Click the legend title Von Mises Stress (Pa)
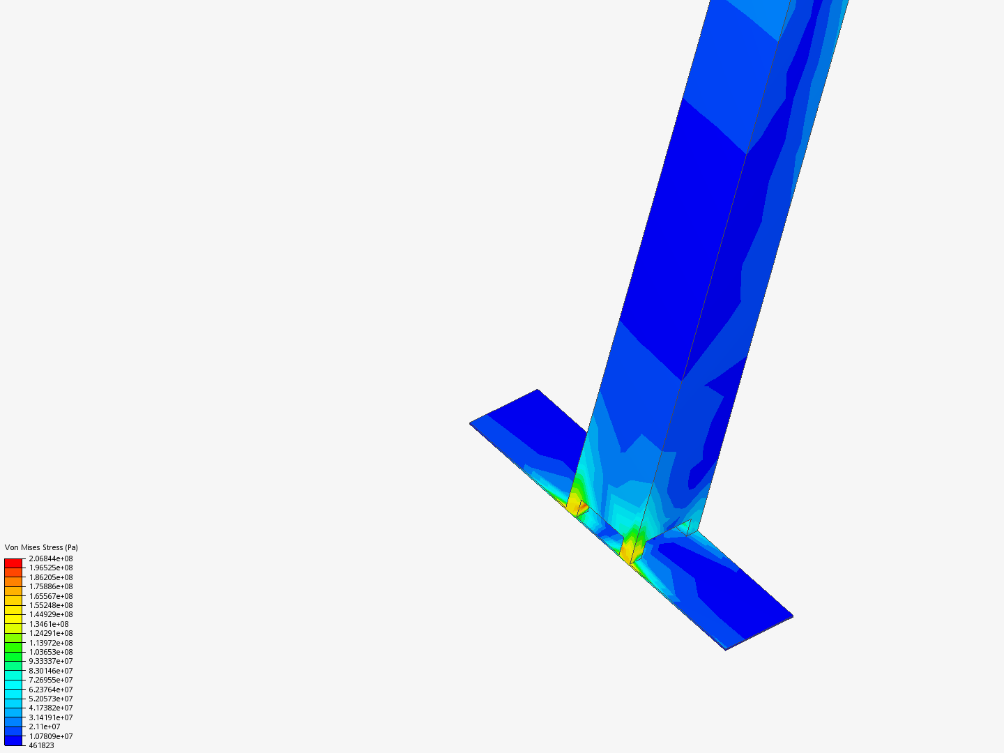pyautogui.click(x=41, y=547)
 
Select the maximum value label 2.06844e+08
pyautogui.click(x=50, y=558)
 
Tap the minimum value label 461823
pyautogui.click(x=41, y=745)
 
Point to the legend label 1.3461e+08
pyautogui.click(x=49, y=624)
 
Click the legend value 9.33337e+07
pyautogui.click(x=50, y=661)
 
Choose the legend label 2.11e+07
pyautogui.click(x=45, y=727)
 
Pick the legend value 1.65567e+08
pyautogui.click(x=50, y=596)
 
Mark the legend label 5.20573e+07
pyautogui.click(x=50, y=699)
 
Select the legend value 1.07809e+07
pyautogui.click(x=50, y=736)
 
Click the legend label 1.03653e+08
pyautogui.click(x=50, y=652)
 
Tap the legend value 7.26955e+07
pyautogui.click(x=50, y=680)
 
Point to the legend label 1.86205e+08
pyautogui.click(x=50, y=577)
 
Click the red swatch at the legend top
pyautogui.click(x=13, y=563)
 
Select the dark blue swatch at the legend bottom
pyautogui.click(x=13, y=740)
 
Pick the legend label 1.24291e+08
pyautogui.click(x=50, y=633)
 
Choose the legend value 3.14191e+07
pyautogui.click(x=50, y=717)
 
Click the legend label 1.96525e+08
pyautogui.click(x=50, y=568)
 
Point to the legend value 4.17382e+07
pyautogui.click(x=50, y=708)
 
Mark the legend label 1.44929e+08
pyautogui.click(x=50, y=614)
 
